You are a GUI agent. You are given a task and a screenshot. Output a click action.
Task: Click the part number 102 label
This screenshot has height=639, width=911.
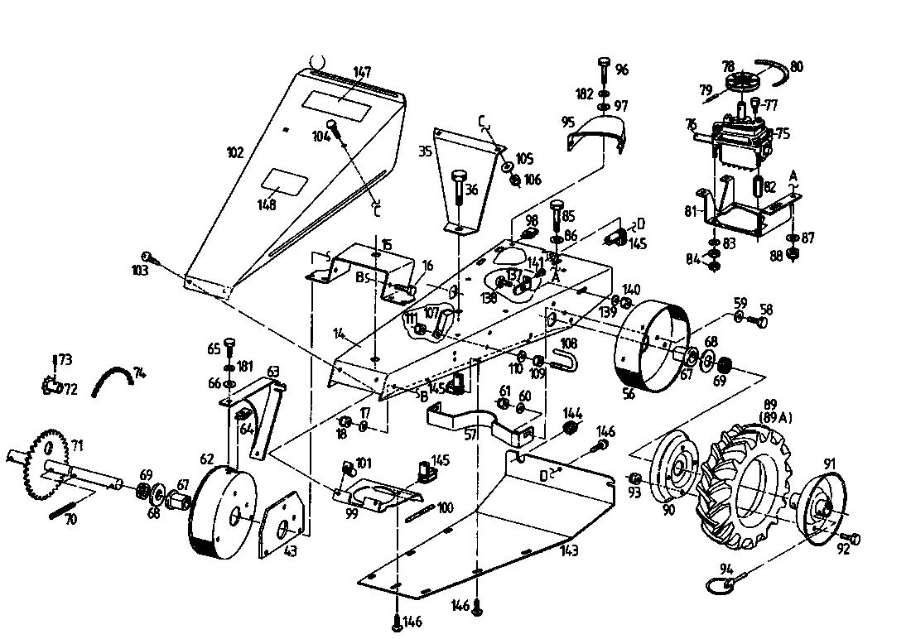tap(235, 151)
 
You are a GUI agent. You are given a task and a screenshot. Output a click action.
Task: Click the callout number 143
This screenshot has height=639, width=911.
tap(568, 550)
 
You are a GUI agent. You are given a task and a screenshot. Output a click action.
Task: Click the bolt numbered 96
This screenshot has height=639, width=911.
tap(604, 73)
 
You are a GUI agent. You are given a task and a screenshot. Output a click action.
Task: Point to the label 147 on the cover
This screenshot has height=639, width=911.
tap(362, 72)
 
